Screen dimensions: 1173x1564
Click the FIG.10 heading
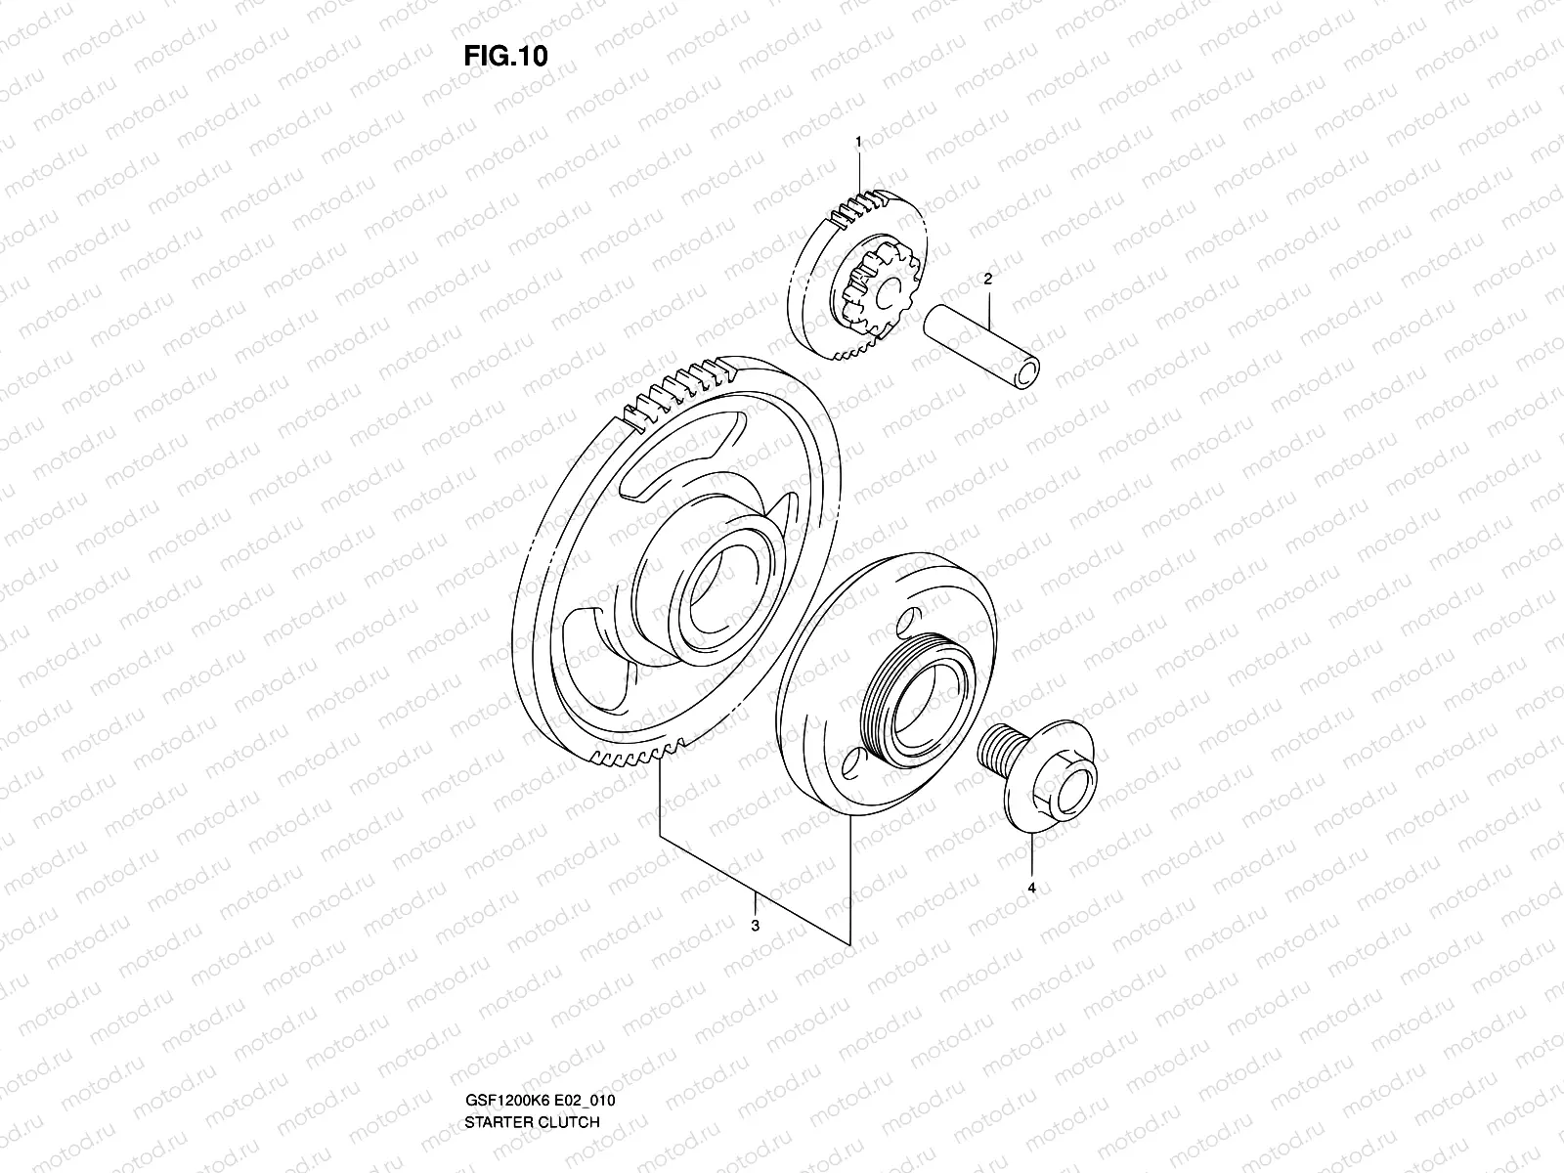[504, 56]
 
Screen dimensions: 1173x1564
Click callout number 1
[858, 142]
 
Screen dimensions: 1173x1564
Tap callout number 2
[987, 279]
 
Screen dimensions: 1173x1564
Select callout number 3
[755, 926]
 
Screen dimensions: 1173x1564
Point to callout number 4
[1032, 888]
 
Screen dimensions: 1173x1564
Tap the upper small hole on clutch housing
[908, 621]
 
